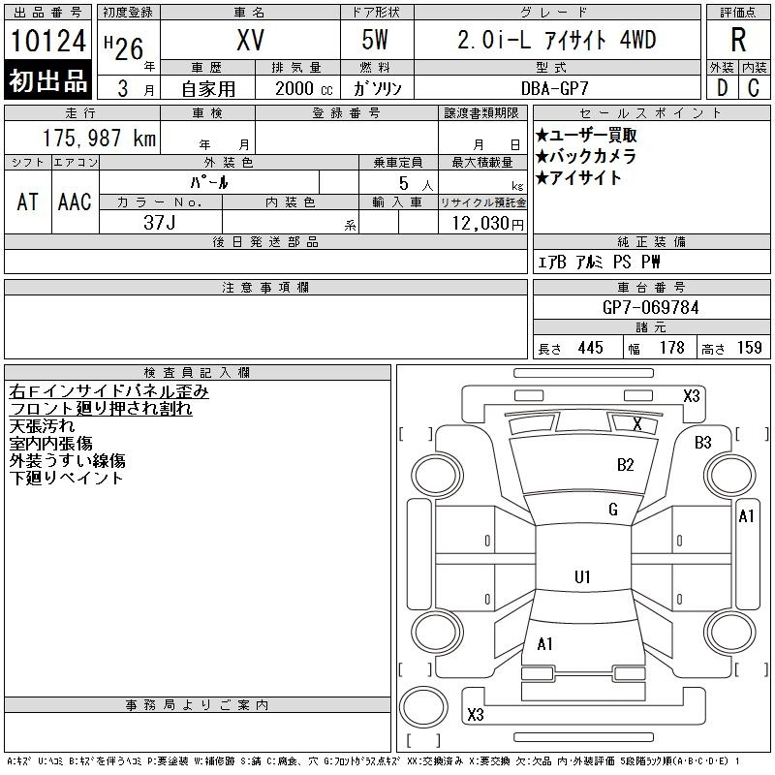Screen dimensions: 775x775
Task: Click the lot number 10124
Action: (47, 41)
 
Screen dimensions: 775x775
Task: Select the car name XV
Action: (250, 41)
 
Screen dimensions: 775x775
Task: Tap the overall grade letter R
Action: (738, 40)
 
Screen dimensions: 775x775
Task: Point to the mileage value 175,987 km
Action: (99, 139)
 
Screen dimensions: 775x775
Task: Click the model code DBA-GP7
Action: (554, 88)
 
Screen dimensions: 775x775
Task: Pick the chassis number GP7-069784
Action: (650, 308)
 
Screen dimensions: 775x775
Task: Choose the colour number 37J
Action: (159, 223)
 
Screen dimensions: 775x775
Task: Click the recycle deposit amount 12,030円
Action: (487, 224)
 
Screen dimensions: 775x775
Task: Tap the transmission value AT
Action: (27, 201)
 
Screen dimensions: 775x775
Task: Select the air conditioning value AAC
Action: (75, 201)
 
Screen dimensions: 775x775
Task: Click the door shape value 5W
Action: (375, 40)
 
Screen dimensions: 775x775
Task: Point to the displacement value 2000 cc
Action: (304, 89)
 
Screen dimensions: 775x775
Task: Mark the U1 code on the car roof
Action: (583, 576)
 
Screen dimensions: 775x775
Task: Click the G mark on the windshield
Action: (613, 510)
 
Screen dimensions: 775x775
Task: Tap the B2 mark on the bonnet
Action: (625, 465)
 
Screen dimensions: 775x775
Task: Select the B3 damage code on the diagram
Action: (703, 443)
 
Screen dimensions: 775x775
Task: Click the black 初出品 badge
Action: (47, 80)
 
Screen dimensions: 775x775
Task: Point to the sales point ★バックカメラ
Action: (585, 157)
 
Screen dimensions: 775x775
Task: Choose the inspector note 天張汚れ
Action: (42, 425)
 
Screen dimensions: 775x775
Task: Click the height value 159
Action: (749, 348)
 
